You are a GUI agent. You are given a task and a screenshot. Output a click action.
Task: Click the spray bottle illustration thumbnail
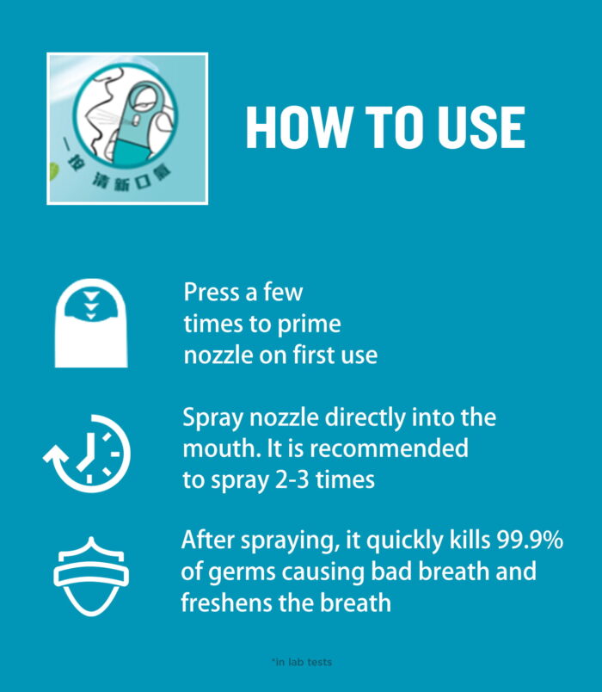point(127,129)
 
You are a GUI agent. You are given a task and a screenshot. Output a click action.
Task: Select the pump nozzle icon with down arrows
point(90,322)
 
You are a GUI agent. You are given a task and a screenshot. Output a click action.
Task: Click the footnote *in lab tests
point(301,662)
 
